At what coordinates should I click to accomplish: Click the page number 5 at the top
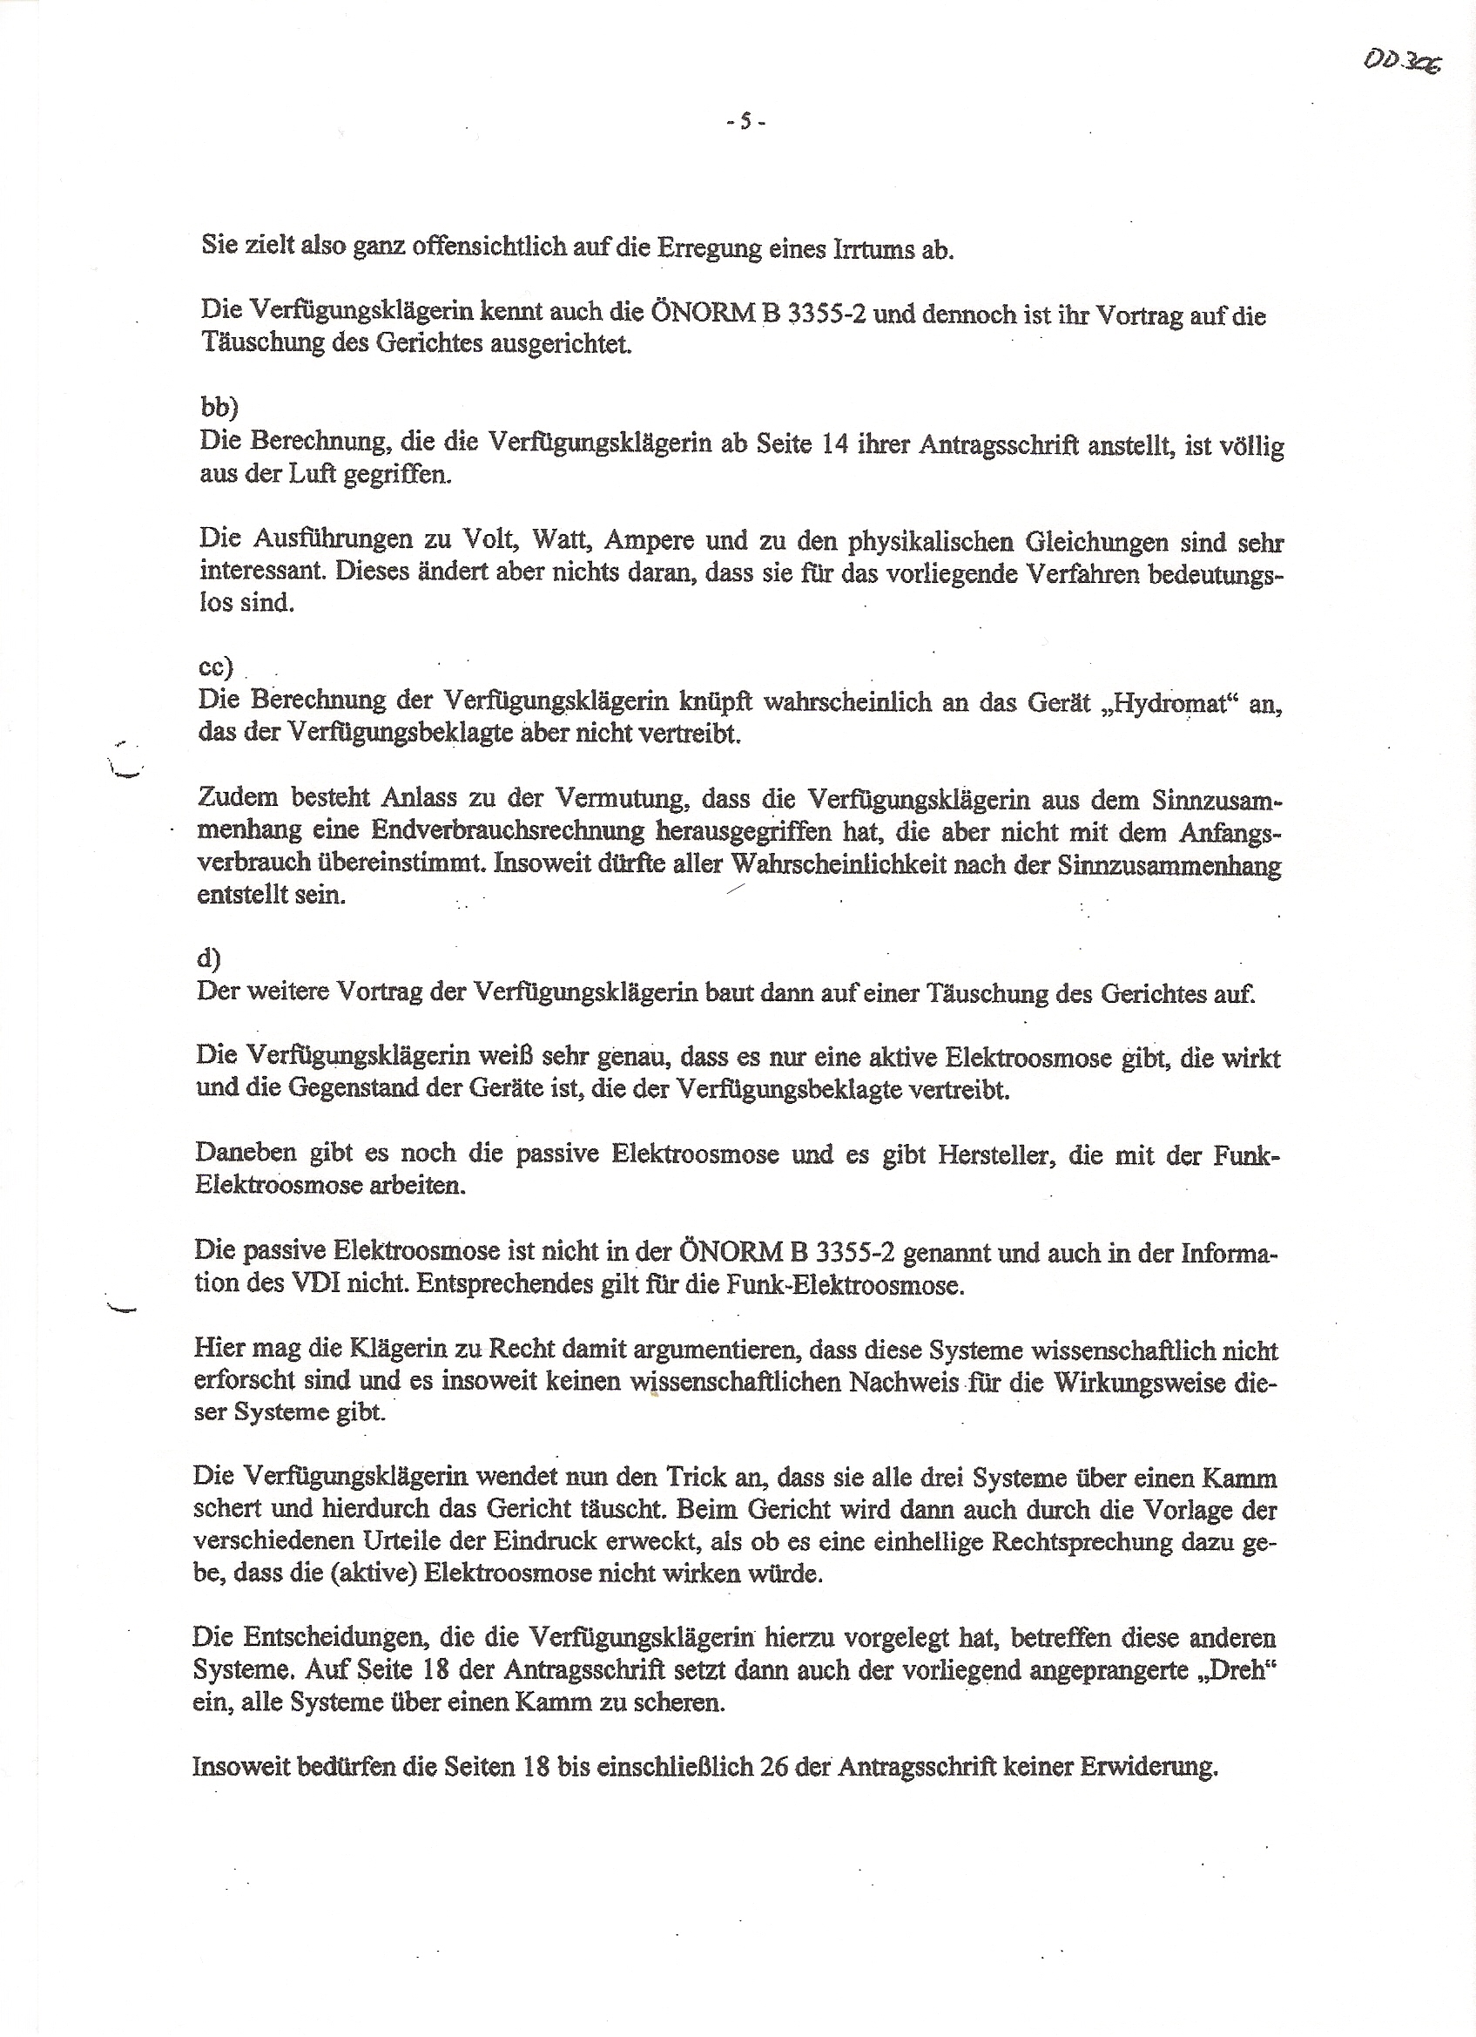tap(745, 121)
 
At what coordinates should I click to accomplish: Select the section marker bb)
tap(219, 407)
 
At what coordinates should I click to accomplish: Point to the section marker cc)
tap(216, 667)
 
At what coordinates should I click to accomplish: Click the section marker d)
tap(209, 959)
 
